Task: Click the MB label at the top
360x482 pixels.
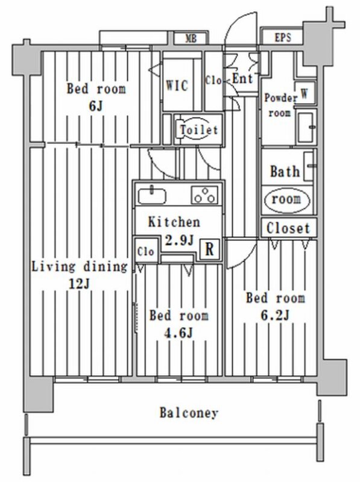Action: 191,39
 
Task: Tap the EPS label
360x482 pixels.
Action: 282,37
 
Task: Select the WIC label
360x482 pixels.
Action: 177,85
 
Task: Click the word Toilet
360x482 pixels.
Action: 199,130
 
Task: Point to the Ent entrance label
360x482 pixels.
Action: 242,79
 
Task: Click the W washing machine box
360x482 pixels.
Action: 305,93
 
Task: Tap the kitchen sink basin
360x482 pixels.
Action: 152,196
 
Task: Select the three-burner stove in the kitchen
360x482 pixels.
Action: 204,195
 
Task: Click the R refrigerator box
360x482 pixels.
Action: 210,249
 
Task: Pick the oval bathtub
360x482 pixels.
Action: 287,200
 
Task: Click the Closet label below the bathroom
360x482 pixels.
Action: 288,228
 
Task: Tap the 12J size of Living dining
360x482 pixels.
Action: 79,284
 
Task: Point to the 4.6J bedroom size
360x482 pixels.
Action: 179,333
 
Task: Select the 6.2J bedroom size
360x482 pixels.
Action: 275,315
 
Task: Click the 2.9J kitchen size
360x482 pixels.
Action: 180,240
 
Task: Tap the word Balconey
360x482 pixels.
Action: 189,413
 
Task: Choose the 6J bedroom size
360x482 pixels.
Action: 95,106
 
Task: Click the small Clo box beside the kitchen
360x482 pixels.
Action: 146,251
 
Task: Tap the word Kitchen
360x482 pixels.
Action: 174,222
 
